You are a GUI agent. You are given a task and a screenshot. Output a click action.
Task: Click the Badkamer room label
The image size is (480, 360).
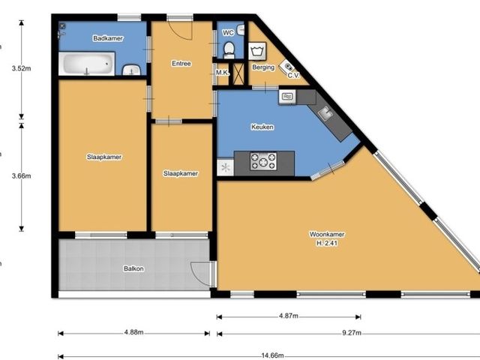[108, 38]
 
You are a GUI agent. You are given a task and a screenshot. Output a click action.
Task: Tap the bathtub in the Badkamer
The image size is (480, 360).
[87, 64]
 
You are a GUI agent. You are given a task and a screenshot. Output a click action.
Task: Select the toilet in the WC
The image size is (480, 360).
[229, 50]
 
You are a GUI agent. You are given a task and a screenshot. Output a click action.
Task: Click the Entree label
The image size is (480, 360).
[181, 64]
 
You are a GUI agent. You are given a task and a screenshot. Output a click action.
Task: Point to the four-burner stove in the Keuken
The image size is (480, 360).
[263, 161]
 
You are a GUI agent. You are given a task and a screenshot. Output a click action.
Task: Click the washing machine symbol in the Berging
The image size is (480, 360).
[257, 52]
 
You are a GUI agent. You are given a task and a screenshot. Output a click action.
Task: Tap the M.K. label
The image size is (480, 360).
[223, 73]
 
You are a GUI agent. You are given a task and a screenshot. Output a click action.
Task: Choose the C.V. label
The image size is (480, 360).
[293, 76]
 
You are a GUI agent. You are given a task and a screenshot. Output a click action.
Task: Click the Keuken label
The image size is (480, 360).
[262, 127]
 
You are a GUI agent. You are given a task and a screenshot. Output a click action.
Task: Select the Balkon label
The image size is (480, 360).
[133, 268]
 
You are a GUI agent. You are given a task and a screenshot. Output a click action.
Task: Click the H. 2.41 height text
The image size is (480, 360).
[327, 243]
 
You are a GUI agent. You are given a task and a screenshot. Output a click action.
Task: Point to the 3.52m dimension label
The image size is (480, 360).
[22, 68]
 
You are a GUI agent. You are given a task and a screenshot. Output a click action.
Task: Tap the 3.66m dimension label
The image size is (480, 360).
[22, 176]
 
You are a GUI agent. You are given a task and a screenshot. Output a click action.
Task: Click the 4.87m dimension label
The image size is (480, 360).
[288, 316]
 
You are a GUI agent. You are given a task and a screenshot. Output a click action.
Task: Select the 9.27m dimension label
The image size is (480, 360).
[352, 333]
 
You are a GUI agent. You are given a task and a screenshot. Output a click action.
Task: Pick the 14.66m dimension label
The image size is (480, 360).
[272, 355]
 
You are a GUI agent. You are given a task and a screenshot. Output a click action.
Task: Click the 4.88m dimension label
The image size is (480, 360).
[133, 332]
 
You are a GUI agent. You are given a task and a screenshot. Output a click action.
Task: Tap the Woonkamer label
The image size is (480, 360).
[327, 235]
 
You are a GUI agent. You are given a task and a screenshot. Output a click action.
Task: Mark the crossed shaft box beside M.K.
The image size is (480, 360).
[238, 73]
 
